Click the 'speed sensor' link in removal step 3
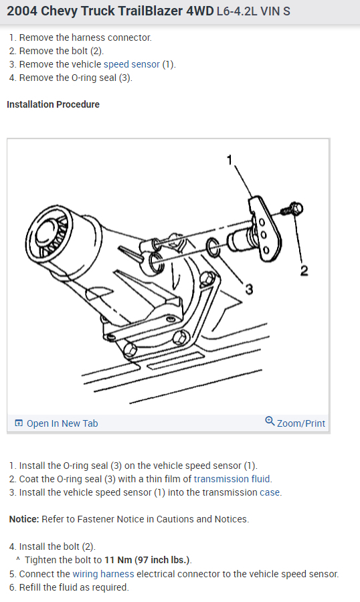click(131, 64)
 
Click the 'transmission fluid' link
click(232, 479)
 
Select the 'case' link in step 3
click(270, 492)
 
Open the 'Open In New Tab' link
click(62, 423)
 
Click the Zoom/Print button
click(300, 423)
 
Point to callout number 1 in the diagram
click(230, 159)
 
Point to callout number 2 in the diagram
click(304, 270)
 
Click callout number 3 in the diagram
click(249, 288)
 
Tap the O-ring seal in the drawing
click(212, 247)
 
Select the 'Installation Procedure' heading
click(53, 104)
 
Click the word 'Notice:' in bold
click(24, 519)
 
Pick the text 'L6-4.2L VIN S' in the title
click(253, 12)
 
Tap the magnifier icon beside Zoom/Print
click(270, 421)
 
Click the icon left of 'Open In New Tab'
click(19, 423)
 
